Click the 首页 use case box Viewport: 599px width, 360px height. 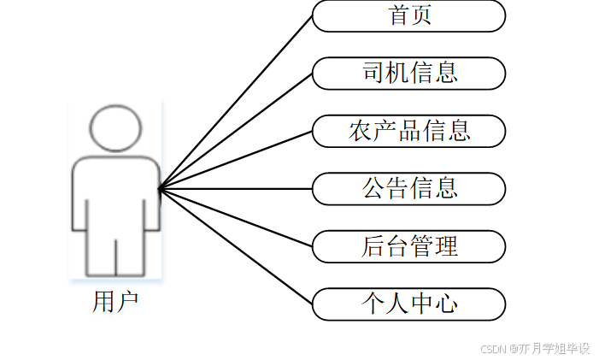tap(408, 15)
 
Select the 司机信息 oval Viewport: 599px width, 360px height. tap(408, 73)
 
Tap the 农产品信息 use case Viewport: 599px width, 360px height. tap(408, 131)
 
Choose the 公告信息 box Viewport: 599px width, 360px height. tap(408, 188)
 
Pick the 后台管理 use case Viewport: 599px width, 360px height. tap(408, 246)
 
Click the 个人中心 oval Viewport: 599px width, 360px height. tap(408, 304)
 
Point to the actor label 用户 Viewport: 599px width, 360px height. tap(115, 302)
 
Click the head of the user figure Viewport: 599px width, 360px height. tap(115, 128)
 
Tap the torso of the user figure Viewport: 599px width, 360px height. tap(115, 192)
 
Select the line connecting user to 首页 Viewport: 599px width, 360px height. tap(235, 102)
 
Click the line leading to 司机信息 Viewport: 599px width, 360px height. tap(235, 131)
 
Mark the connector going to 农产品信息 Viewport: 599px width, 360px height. tap(235, 160)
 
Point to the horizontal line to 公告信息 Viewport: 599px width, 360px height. tap(235, 188)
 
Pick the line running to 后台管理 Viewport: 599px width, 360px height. tap(235, 217)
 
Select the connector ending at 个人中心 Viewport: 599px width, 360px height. tap(235, 246)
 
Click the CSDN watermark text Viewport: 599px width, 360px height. tap(535, 349)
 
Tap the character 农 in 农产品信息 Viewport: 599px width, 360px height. tap(360, 131)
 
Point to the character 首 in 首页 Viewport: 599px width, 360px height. tap(398, 15)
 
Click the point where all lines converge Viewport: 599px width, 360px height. tap(160, 188)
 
